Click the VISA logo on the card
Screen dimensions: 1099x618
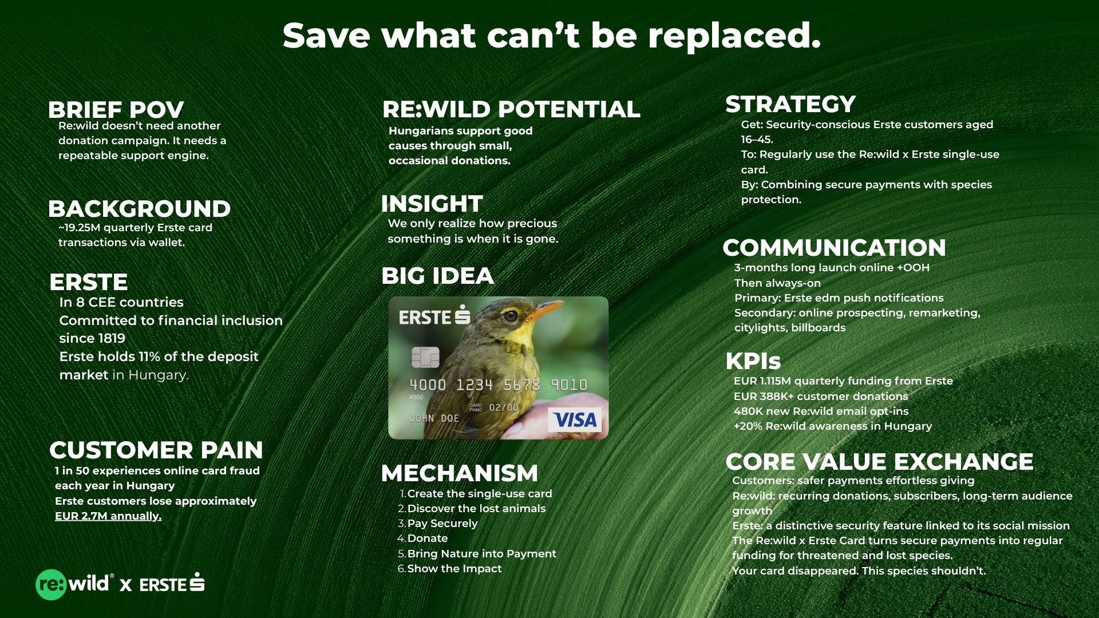575,419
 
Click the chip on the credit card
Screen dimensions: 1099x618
425,357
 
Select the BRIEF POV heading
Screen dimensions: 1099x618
116,109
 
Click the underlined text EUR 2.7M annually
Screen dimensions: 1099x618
108,516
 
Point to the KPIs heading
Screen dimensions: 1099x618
753,361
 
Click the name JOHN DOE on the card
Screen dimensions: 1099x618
434,418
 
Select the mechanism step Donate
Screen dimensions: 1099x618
428,538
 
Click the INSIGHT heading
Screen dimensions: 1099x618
432,203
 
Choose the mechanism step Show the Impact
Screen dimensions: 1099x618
454,568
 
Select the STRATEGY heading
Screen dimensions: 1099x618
790,104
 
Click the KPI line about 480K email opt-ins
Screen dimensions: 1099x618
821,411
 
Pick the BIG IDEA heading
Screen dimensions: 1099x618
437,276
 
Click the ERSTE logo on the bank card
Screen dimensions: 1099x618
434,316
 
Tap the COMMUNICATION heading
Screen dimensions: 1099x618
834,248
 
